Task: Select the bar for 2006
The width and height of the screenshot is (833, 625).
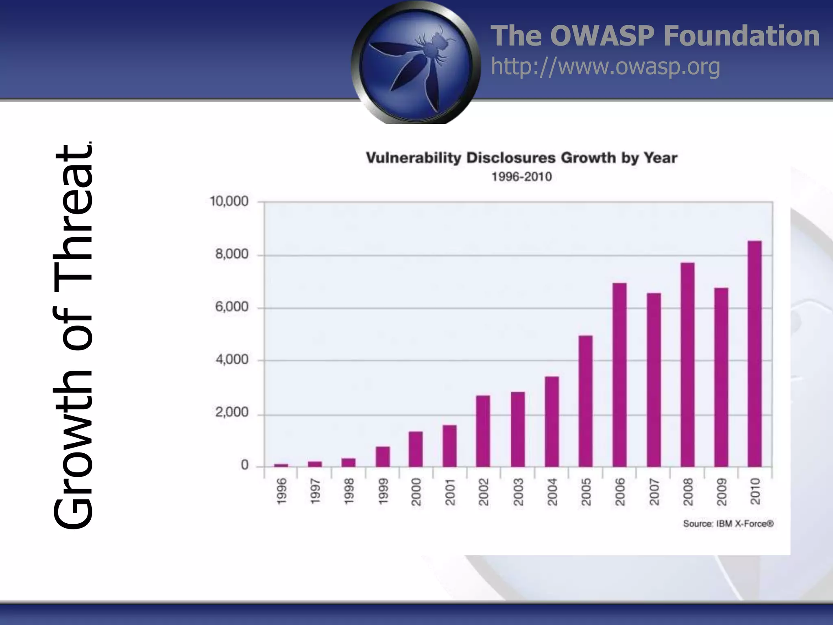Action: tap(619, 374)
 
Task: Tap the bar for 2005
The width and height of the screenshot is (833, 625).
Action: tap(586, 401)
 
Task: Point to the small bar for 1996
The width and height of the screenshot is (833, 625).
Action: tap(281, 465)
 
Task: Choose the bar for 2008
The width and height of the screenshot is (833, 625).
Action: tap(687, 364)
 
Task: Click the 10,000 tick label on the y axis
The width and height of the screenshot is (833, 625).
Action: tap(229, 201)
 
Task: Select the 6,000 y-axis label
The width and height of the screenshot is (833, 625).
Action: tap(231, 307)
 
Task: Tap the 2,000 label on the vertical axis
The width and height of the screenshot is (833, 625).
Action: tap(231, 413)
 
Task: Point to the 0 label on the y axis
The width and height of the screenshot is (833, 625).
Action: tap(244, 465)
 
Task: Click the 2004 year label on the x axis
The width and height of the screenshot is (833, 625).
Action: tap(552, 492)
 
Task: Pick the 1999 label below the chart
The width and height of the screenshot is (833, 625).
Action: tap(383, 492)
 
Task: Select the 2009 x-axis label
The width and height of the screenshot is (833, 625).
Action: tap(721, 492)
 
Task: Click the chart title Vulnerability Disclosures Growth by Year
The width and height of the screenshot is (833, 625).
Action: tap(521, 158)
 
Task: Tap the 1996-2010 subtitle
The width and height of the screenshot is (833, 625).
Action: tap(521, 177)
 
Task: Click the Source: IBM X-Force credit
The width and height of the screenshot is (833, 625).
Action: tap(728, 524)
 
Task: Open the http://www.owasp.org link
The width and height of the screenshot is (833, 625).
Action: tap(605, 66)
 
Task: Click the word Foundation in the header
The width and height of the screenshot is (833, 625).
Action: tap(741, 36)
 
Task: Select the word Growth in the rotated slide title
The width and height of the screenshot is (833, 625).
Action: tap(73, 460)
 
